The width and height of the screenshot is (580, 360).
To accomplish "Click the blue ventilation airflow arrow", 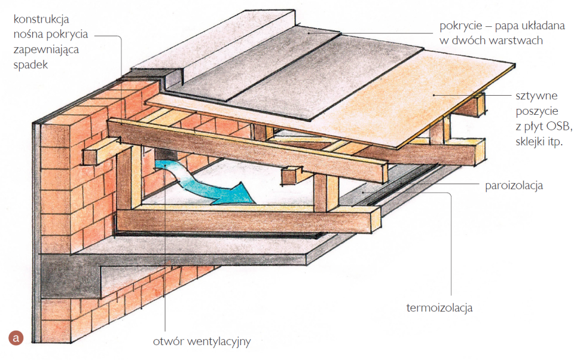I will [209, 185].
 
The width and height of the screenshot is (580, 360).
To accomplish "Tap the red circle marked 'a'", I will [16, 338].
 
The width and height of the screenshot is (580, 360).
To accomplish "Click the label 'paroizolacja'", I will [514, 185].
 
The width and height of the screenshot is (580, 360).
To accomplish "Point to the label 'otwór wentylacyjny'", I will [201, 342].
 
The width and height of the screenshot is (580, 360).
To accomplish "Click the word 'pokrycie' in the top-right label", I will [460, 26].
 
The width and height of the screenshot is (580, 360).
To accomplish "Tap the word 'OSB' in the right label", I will [560, 127].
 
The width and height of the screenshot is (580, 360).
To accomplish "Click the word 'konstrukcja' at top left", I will [41, 19].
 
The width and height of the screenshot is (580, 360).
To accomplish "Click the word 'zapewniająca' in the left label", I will [44, 50].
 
